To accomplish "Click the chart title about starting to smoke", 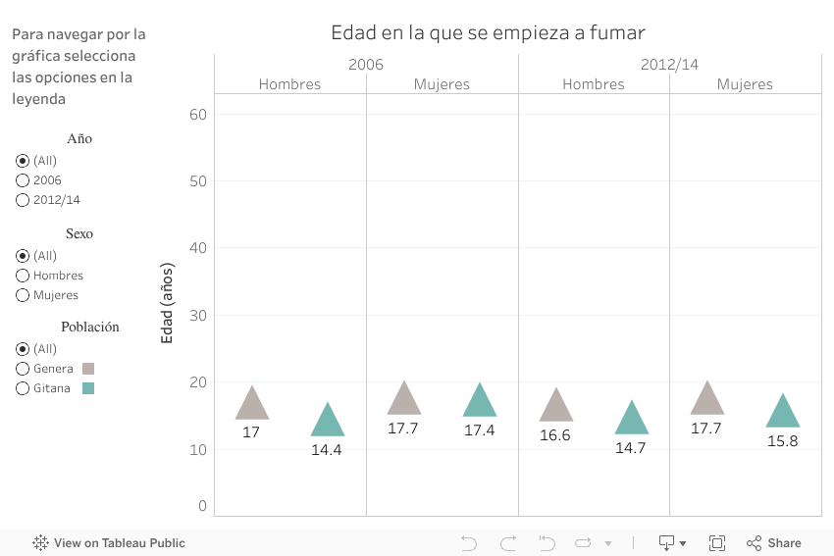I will coord(488,32).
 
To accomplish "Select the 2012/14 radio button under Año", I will coord(23,200).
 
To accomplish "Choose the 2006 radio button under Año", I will coord(23,180).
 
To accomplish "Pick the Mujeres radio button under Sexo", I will coord(23,295).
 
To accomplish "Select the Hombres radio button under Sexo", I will coord(23,276).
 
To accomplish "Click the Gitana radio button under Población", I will coord(23,388).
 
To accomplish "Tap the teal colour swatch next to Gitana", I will coord(88,388).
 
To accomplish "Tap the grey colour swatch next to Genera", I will coord(88,369).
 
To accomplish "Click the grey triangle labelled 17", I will coord(252,405).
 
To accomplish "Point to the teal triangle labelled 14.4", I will coord(328,422).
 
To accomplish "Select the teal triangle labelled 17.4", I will coord(480,402).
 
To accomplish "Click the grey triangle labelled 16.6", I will coord(556,407).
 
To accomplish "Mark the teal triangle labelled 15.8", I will coord(783,413).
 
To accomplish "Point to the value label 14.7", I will coord(631,448).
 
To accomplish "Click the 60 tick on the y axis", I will coord(198,114).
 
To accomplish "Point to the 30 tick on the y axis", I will coord(198,315).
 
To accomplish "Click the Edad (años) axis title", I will coord(167,303).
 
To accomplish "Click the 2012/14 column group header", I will coord(669,65).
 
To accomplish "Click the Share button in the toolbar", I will coord(774,542).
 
